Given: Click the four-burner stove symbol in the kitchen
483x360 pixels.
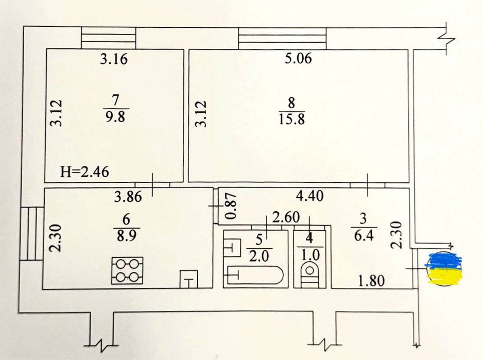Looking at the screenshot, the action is click(128, 270).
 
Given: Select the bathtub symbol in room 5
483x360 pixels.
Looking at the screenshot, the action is click(254, 275).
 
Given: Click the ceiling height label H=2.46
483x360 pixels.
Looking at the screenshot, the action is click(84, 172).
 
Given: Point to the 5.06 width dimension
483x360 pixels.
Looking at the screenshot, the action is click(298, 58).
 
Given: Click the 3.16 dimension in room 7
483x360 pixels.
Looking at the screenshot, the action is click(114, 59).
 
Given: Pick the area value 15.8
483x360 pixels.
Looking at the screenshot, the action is click(292, 119).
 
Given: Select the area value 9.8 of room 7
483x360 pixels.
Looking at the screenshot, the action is click(115, 117).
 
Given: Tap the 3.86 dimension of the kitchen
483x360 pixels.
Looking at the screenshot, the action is click(128, 197).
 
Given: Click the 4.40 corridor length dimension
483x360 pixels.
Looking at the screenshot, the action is click(309, 195).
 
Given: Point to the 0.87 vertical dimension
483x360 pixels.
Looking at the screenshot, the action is click(231, 205).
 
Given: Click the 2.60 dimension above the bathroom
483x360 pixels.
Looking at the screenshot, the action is click(286, 217).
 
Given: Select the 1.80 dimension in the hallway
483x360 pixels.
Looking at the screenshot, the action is click(371, 281).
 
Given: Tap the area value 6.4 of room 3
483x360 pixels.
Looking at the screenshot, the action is click(364, 236).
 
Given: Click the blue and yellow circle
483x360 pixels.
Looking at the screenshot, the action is click(444, 267).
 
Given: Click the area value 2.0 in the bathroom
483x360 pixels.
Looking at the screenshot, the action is click(259, 256).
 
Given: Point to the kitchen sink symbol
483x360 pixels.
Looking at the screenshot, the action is click(188, 279).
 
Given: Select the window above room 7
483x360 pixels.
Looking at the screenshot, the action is click(109, 38).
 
